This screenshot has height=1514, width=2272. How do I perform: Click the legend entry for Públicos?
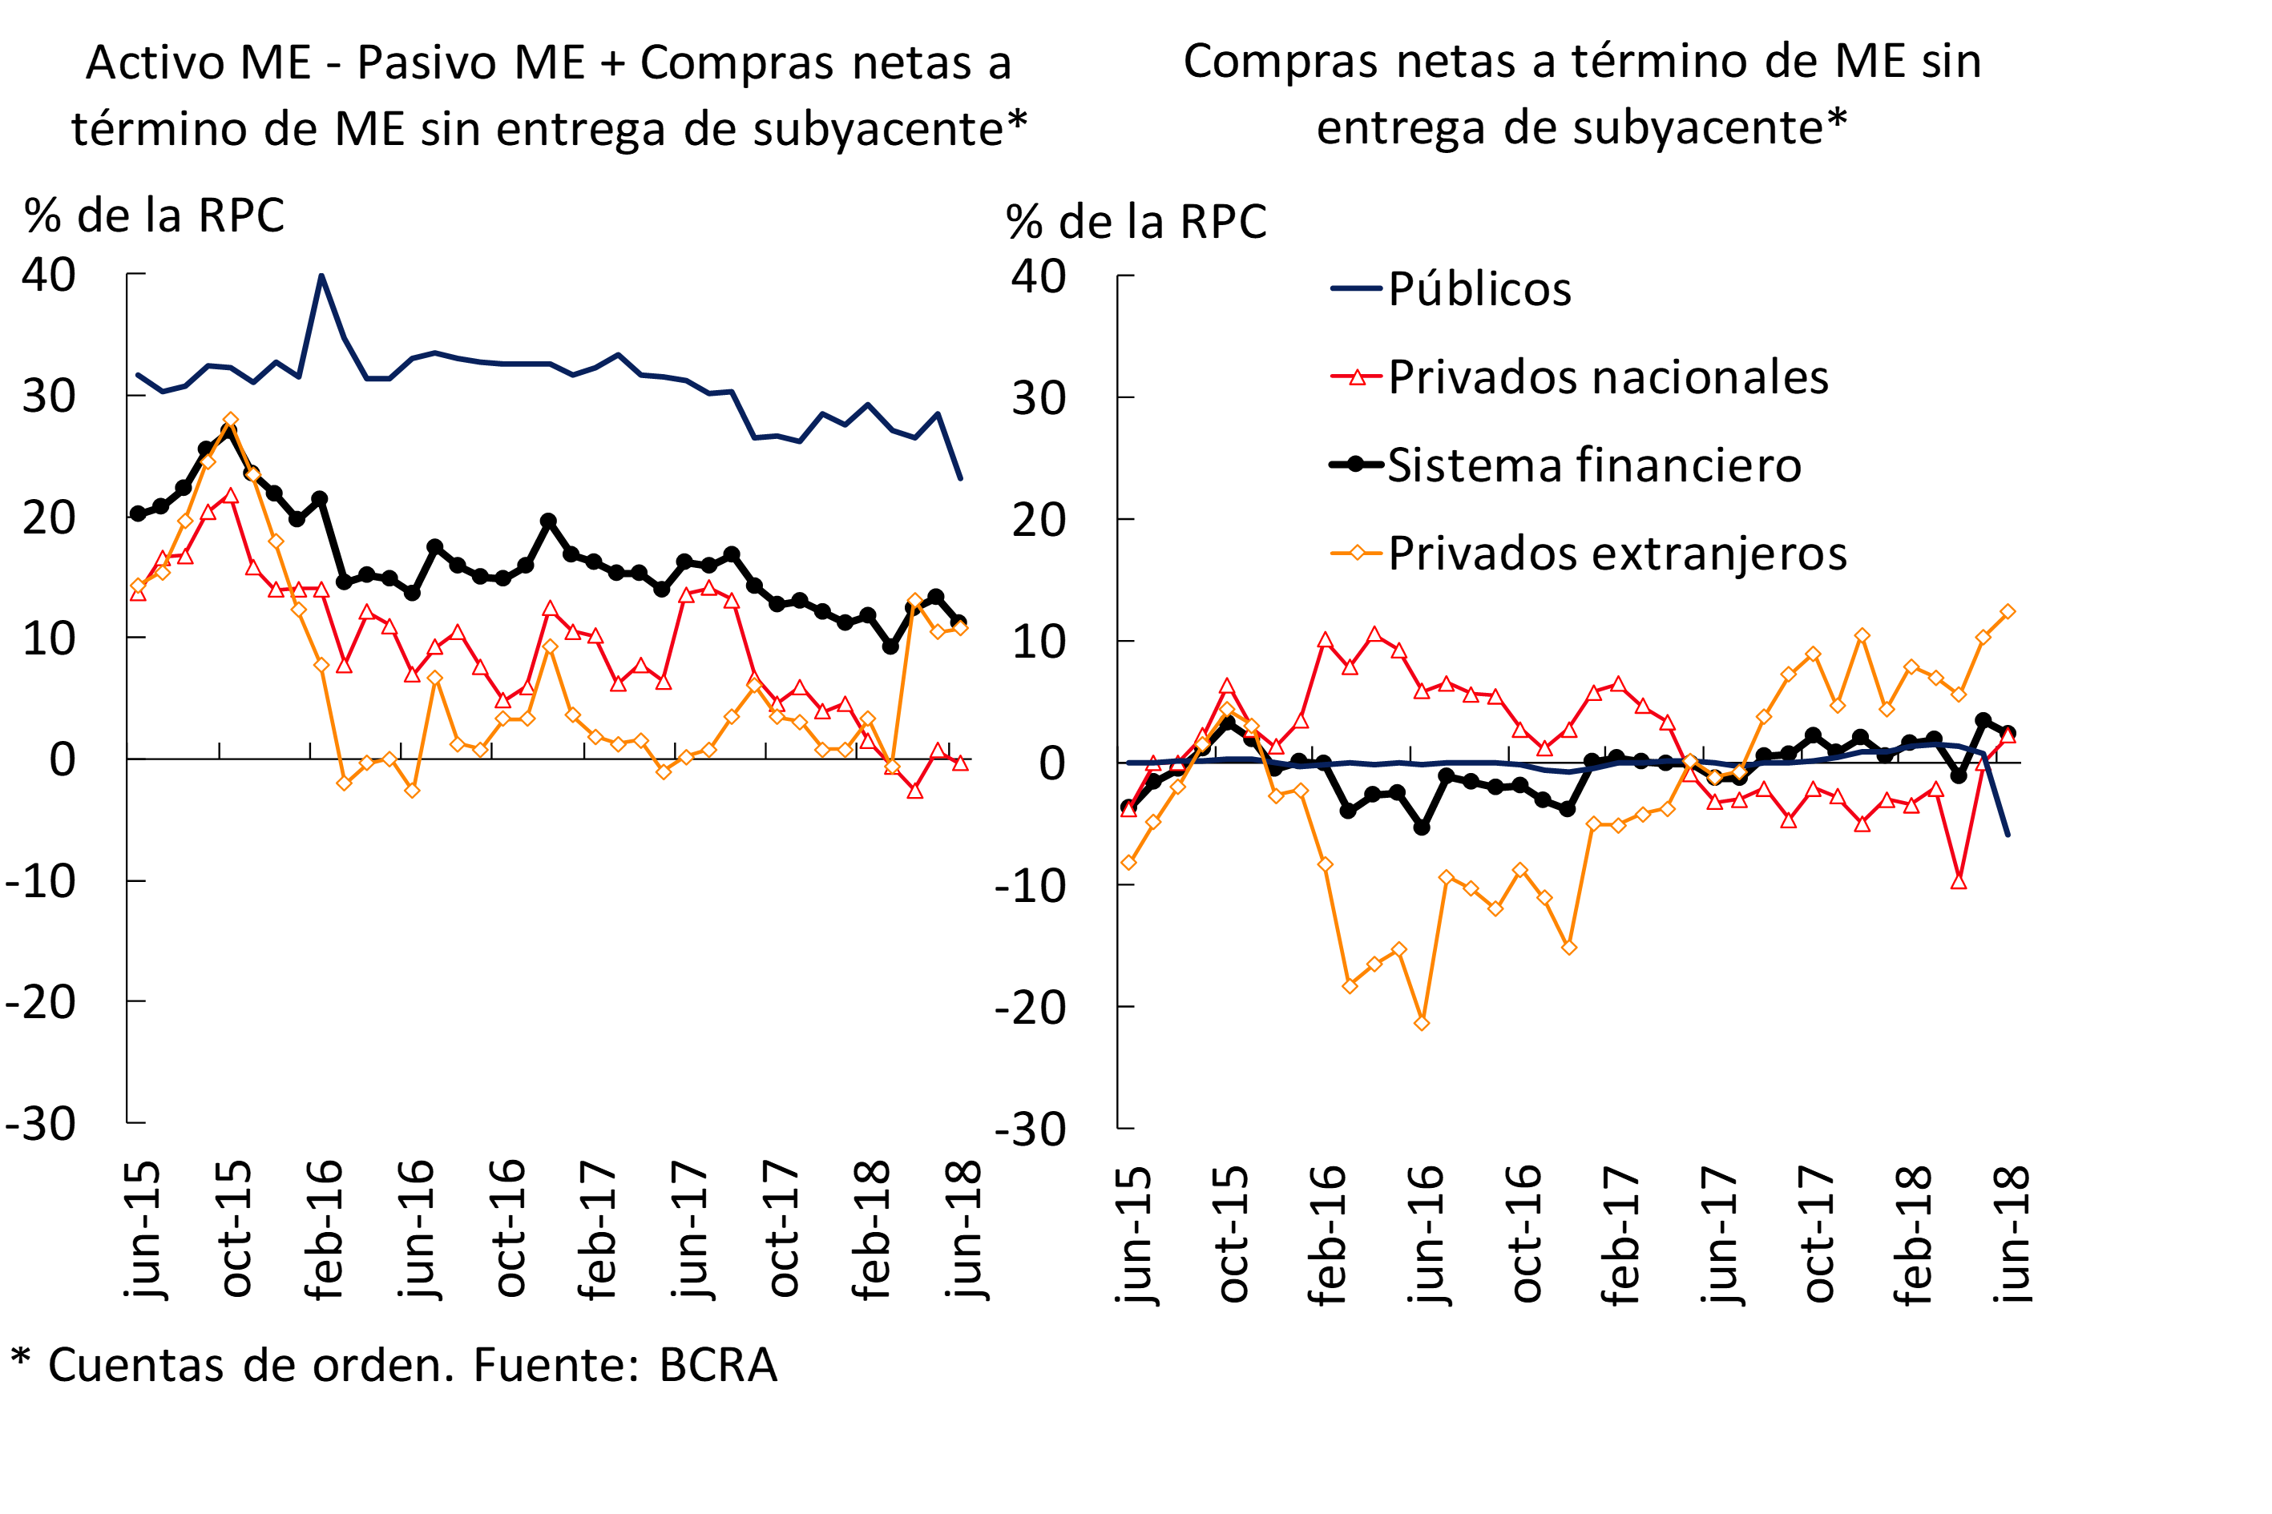(1479, 288)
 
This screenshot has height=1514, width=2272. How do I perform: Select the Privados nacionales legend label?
(1608, 376)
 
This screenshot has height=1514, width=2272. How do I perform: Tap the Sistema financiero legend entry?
(1594, 465)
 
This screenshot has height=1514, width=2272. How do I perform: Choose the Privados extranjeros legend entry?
(1617, 554)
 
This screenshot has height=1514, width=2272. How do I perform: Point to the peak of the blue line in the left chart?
(321, 276)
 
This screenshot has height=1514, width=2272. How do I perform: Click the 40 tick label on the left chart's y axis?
(49, 276)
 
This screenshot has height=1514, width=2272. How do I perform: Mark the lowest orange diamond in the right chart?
(1421, 1022)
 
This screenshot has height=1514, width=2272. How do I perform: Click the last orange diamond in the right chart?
(2008, 611)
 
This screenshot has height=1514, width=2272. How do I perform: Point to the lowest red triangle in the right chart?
(1958, 881)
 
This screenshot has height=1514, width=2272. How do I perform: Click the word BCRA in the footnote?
(718, 1365)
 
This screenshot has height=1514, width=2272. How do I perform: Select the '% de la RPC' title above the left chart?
(155, 215)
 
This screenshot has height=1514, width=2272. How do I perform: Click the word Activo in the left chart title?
(155, 62)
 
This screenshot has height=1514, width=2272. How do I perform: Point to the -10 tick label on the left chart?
(41, 880)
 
